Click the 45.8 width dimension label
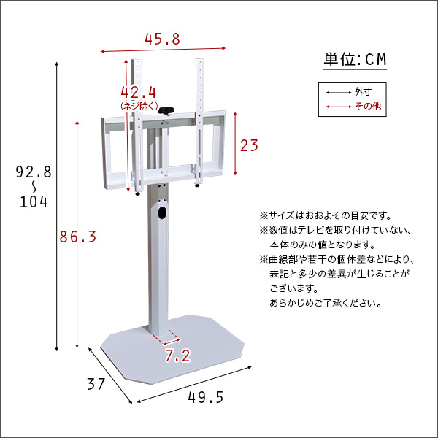click(x=161, y=39)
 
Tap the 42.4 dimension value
click(x=139, y=93)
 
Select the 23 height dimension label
click(x=250, y=145)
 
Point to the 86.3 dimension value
click(x=77, y=237)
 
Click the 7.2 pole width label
click(x=177, y=356)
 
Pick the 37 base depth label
click(x=96, y=383)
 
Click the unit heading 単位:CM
click(x=354, y=60)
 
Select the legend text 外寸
click(x=363, y=93)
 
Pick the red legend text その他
click(x=366, y=107)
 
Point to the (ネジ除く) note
click(x=139, y=106)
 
